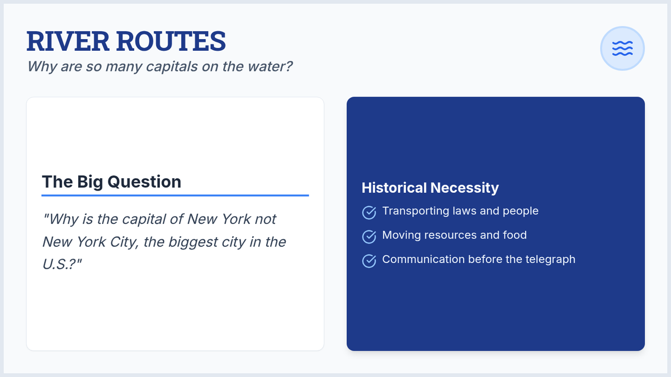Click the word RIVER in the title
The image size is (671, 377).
[x=68, y=41]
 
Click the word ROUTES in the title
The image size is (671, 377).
[x=171, y=41]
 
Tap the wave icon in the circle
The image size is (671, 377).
[x=622, y=49]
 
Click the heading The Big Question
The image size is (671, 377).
[x=111, y=182]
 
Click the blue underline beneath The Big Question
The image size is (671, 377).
[x=175, y=195]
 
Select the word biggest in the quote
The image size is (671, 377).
[x=193, y=242]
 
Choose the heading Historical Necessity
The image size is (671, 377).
[x=430, y=188]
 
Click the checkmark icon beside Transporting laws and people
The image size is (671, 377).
[x=369, y=212]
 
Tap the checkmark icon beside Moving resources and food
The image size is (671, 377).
[x=369, y=237]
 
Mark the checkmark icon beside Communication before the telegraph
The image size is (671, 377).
[x=369, y=261]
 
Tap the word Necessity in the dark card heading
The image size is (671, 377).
[x=465, y=188]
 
